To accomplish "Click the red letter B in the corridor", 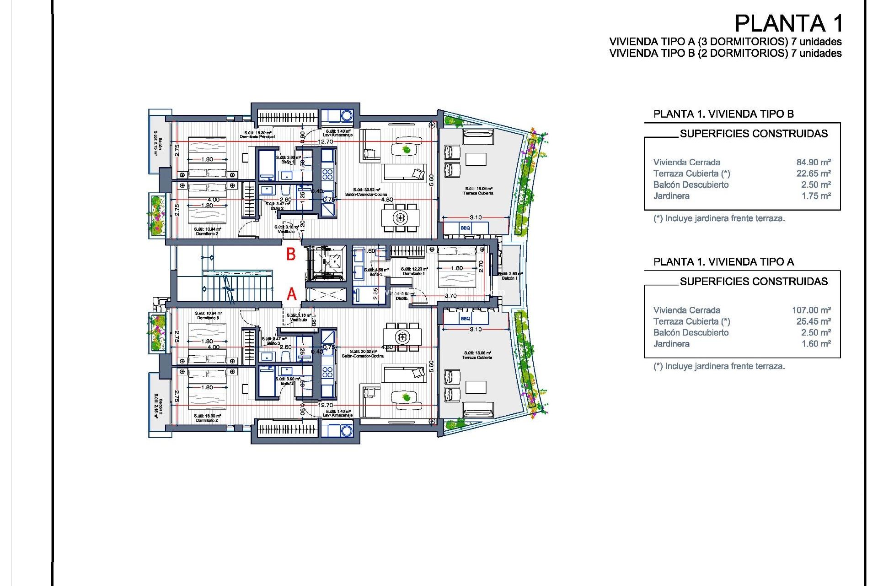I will pos(291,255).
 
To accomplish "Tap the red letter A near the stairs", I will pos(291,294).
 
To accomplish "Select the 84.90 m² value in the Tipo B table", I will pos(813,162).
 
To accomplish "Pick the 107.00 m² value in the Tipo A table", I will pos(811,310).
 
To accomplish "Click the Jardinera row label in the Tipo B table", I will pos(671,196).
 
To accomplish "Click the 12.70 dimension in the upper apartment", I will pos(326,142).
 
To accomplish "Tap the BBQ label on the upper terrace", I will pos(465,228).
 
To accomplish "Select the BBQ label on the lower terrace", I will pos(465,319).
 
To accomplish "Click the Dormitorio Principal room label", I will pos(257,137).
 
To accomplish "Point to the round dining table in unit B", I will pos(400,217).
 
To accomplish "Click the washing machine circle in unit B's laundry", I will pos(346,115).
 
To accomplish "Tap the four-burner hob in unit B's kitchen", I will pos(327,174).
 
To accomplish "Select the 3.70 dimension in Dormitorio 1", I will pos(450,296).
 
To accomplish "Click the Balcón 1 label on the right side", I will pos(509,278).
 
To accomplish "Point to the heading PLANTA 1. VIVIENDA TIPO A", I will pos(723,262).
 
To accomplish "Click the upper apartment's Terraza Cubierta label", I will pos(478,193).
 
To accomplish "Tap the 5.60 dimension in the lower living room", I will pos(431,366).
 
